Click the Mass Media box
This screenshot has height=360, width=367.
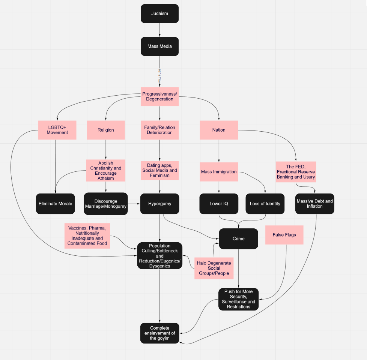pos(159,46)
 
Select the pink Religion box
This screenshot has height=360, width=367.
pos(105,130)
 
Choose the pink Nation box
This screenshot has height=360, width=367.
pos(219,130)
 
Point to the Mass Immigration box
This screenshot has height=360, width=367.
pos(219,172)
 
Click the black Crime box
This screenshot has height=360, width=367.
pos(239,238)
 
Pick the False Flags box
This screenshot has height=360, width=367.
pos(284,235)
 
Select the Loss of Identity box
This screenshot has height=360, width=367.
pos(265,204)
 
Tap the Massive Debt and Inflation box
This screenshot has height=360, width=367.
pos(314,204)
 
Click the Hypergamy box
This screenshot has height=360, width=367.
pos(159,204)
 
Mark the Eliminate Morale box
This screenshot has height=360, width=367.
pos(56,204)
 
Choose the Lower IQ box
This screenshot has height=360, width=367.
pos(219,204)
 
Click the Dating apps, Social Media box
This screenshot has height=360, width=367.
pos(159,170)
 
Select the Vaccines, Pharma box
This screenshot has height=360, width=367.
pos(87,236)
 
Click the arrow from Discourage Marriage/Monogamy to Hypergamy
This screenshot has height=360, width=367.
pos(134,204)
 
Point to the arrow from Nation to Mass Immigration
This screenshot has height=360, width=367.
pos(219,151)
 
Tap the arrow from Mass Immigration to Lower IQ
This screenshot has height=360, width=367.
pos(219,187)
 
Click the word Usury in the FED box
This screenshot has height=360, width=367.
pos(309,177)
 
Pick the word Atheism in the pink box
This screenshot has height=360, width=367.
pos(105,178)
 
